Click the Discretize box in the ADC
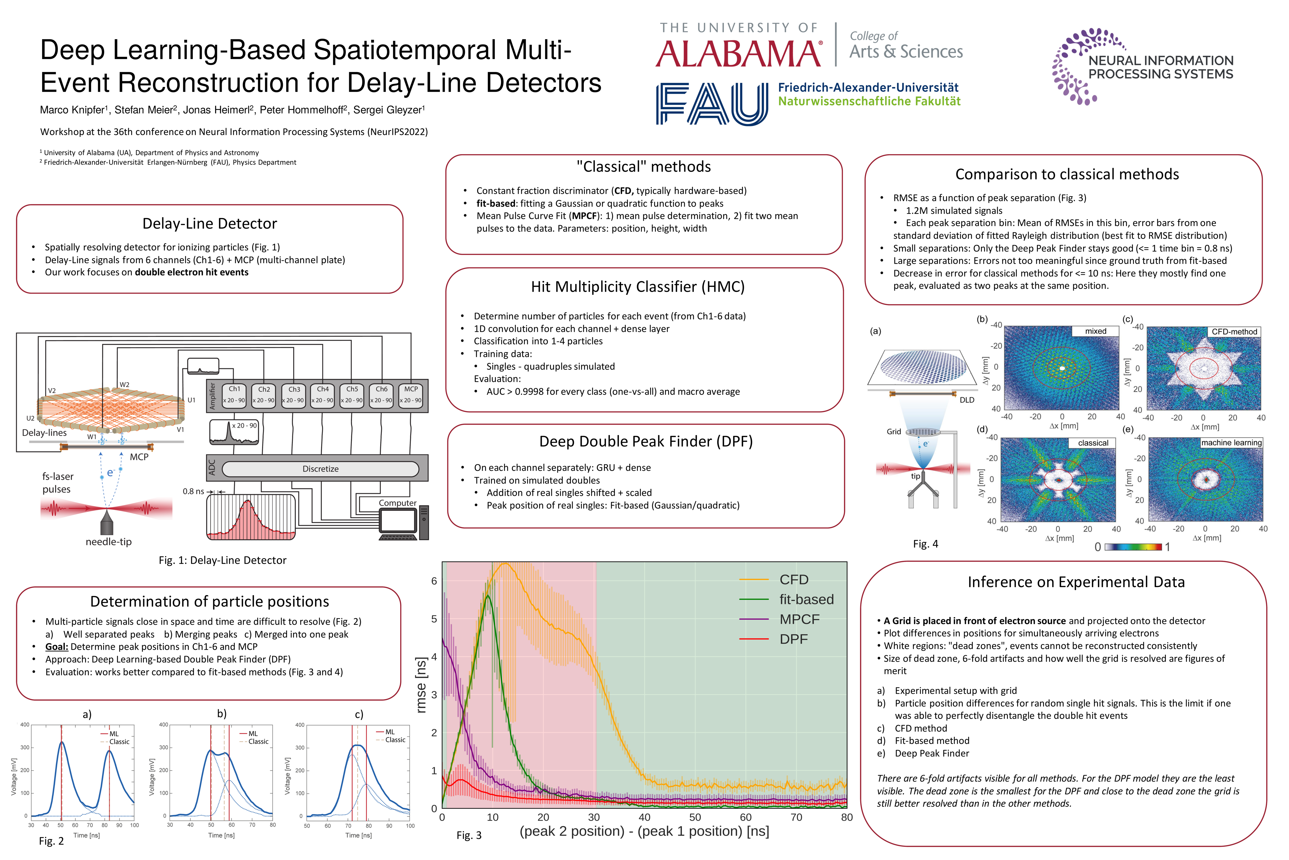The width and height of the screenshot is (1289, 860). pos(320,469)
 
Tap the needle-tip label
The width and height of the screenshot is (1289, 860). pos(109,542)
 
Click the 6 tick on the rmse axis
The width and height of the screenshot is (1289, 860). pos(434,581)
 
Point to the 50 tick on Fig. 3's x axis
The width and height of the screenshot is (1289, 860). pos(695,817)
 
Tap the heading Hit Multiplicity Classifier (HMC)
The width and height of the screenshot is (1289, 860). pos(637,287)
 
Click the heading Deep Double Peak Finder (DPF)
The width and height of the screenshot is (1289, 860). pos(646,442)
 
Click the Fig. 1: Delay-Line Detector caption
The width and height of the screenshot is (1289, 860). pos(223,560)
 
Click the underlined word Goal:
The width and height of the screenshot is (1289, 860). pos(56,647)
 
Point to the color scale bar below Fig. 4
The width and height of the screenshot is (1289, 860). pos(1133,547)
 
